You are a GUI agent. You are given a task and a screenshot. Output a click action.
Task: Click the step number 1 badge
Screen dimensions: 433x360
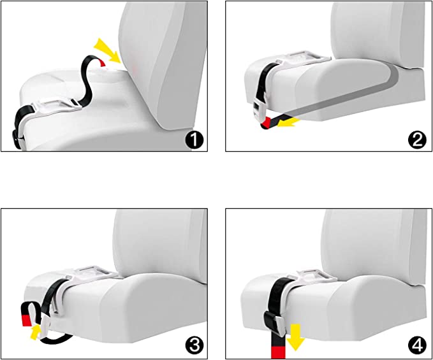[x=194, y=140]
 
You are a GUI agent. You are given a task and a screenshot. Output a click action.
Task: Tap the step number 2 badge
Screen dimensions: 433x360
[x=417, y=140]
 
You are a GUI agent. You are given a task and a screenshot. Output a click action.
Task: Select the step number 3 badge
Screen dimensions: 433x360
[x=194, y=346]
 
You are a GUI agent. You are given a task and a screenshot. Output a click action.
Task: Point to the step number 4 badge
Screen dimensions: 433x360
[x=417, y=346]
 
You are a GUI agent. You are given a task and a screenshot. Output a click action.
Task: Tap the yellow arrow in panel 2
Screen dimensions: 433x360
[x=288, y=122]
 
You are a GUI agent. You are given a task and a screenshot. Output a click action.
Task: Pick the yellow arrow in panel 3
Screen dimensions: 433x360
[x=35, y=332]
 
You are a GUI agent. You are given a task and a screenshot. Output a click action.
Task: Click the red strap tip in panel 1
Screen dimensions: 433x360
[x=103, y=63]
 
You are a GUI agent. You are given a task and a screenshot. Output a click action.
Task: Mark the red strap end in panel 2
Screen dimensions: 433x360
[x=267, y=123]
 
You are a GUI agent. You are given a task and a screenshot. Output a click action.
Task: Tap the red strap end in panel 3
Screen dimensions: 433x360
[x=27, y=320]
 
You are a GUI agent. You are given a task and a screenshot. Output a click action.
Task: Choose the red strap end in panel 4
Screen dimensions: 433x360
[x=278, y=353]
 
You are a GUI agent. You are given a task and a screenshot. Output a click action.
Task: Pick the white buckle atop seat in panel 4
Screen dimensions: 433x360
[x=312, y=275]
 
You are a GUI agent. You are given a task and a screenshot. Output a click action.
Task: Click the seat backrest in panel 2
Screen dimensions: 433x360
[x=378, y=34]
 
